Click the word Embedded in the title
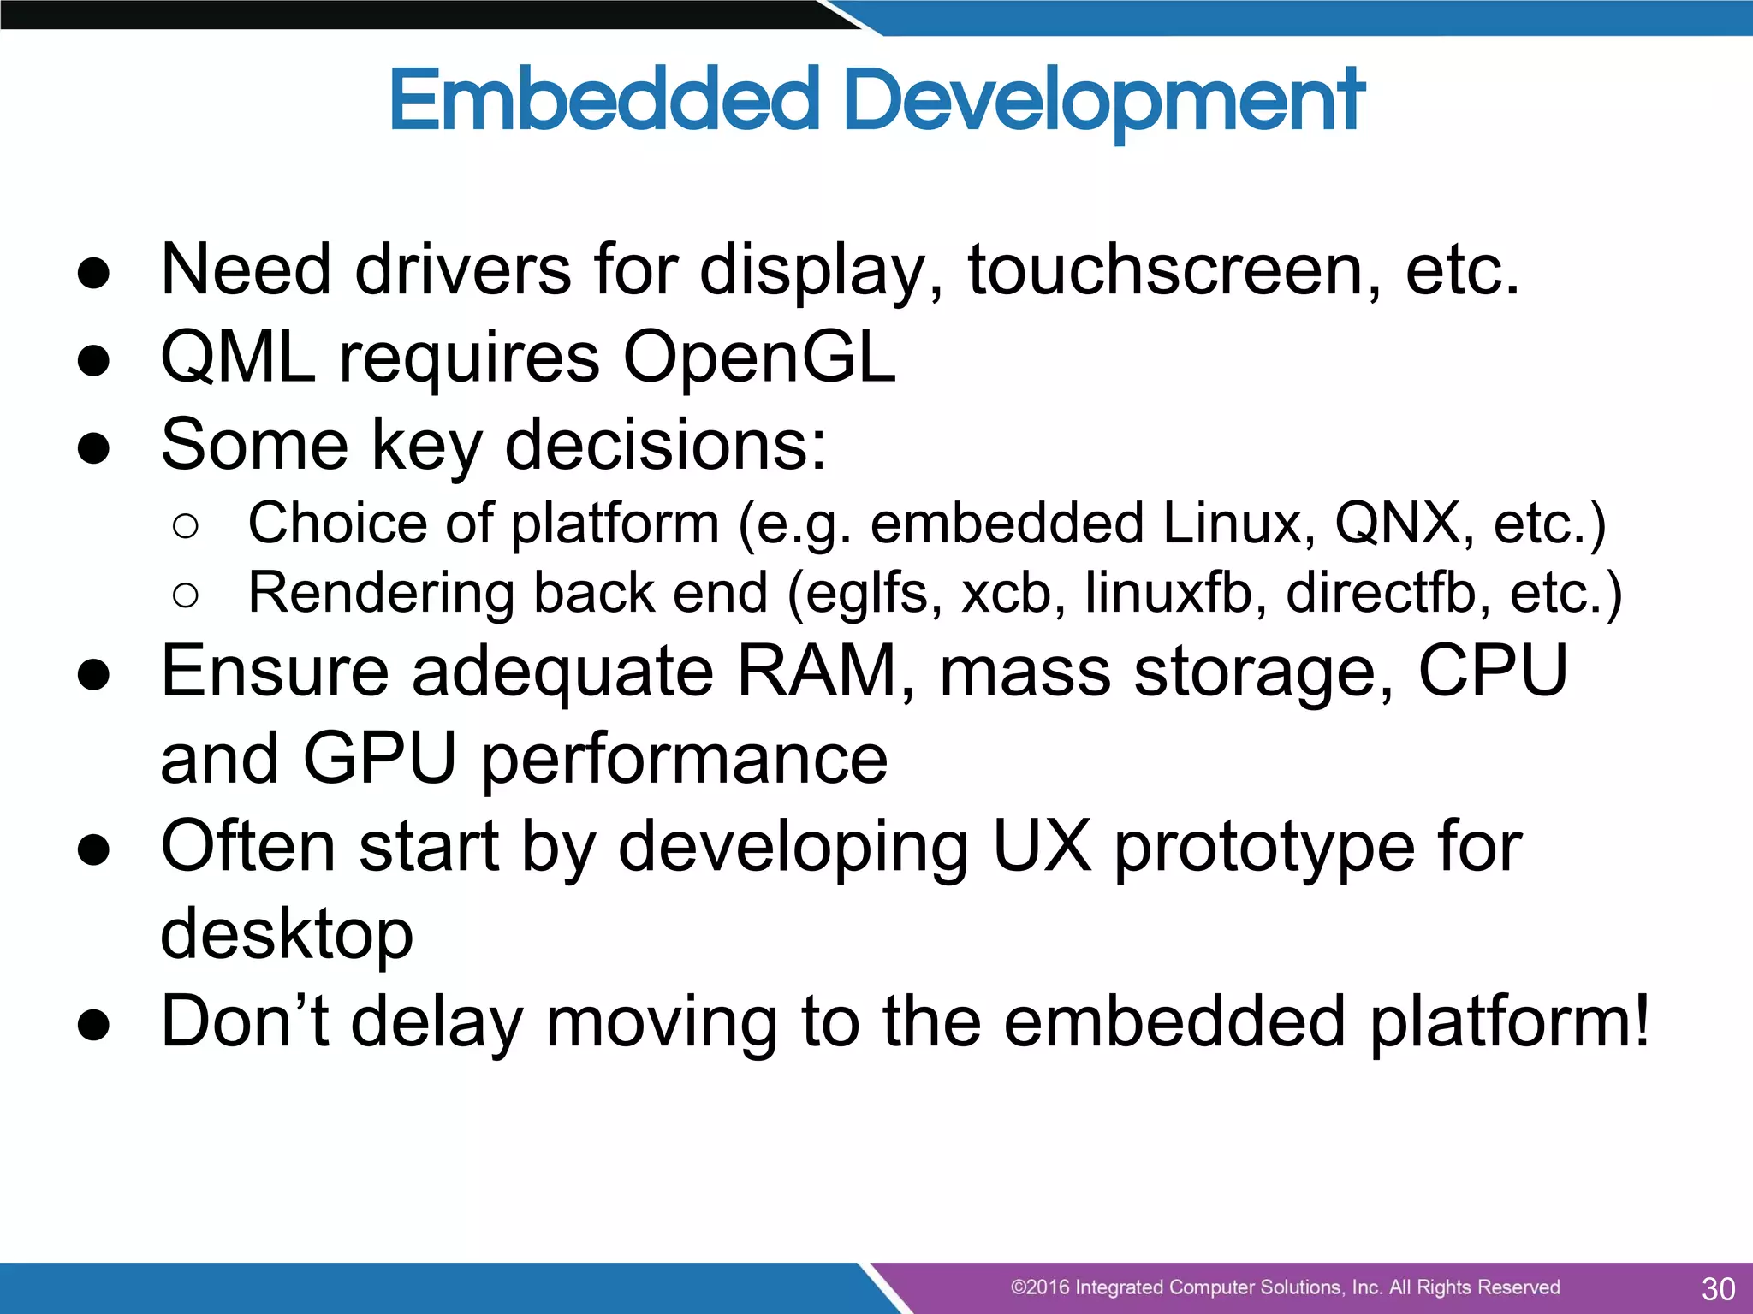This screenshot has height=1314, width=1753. [604, 101]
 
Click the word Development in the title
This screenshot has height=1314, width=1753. [1103, 101]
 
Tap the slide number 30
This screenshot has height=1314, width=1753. [1718, 1288]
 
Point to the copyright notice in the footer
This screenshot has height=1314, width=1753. [1285, 1287]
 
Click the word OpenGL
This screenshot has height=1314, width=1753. [758, 358]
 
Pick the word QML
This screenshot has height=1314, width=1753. [238, 358]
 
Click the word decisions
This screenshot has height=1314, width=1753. [665, 445]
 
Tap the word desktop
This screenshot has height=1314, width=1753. [287, 934]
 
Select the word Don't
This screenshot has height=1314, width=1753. [245, 1021]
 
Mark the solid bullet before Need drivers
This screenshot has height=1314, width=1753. [93, 273]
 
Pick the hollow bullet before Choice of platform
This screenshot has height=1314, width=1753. [185, 525]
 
